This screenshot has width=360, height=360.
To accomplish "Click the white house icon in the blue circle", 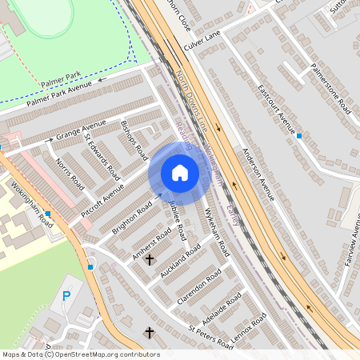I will [x=180, y=173].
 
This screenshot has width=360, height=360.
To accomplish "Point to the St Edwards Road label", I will [x=102, y=156].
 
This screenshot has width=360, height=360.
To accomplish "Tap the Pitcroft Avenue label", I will [x=102, y=202].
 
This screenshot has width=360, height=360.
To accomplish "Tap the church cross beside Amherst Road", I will [x=149, y=259].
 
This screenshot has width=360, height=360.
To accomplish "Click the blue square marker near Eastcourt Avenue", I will [x=298, y=136].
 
